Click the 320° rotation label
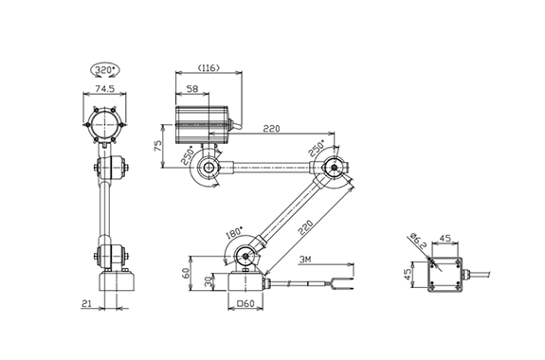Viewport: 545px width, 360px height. coord(105,70)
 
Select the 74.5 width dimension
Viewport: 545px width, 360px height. coord(105,89)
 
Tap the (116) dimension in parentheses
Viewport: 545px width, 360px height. coord(209,68)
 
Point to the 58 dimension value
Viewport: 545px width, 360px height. coord(192,89)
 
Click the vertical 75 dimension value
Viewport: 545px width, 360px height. coord(157,145)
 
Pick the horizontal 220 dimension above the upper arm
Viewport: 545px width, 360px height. coord(271,129)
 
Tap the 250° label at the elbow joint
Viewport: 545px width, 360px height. coord(316,148)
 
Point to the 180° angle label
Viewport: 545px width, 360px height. coord(234,233)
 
